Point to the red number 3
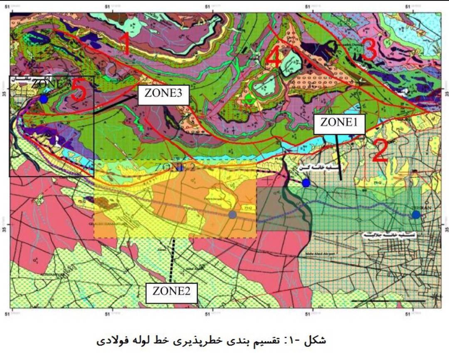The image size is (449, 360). coord(369,50)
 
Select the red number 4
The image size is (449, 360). coord(273,57)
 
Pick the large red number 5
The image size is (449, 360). coord(78,91)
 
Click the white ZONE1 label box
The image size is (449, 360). coord(339,123)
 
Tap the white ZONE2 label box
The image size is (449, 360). coord(171,291)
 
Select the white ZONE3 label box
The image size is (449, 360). coord(163,94)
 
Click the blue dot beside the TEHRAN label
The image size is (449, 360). coord(416,215)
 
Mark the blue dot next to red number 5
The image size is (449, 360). coord(44,99)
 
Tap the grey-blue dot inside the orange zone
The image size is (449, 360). coord(232,215)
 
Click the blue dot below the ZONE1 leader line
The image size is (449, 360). coord(306,183)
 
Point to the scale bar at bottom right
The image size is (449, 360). coord(388,301)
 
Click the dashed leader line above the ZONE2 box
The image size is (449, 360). coord(172,260)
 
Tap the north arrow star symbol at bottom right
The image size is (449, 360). coord(435,296)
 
